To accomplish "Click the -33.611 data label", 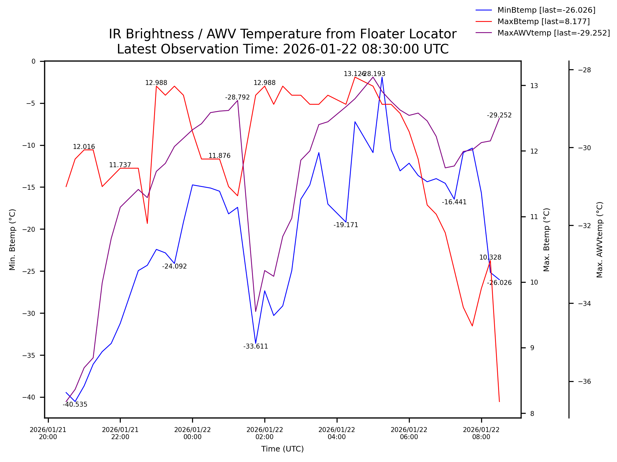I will pyautogui.click(x=255, y=346).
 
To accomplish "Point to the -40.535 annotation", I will pyautogui.click(x=75, y=405).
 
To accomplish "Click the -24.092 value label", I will pyautogui.click(x=174, y=266).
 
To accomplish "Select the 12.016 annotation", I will pyautogui.click(x=84, y=147).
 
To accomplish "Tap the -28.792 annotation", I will pyautogui.click(x=237, y=97).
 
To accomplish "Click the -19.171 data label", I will pyautogui.click(x=346, y=225).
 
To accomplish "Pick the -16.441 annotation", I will pyautogui.click(x=454, y=202).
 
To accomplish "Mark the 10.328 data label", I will pyautogui.click(x=490, y=257).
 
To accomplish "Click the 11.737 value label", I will pyautogui.click(x=120, y=165).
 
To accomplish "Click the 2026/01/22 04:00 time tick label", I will pyautogui.click(x=337, y=433).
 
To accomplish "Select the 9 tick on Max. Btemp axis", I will pyautogui.click(x=532, y=348).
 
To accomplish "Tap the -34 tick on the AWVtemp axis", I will pyautogui.click(x=584, y=304).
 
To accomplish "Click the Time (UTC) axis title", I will pyautogui.click(x=282, y=449).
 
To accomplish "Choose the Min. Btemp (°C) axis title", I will pyautogui.click(x=12, y=239).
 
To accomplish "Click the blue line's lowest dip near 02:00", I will pyautogui.click(x=255, y=343).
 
